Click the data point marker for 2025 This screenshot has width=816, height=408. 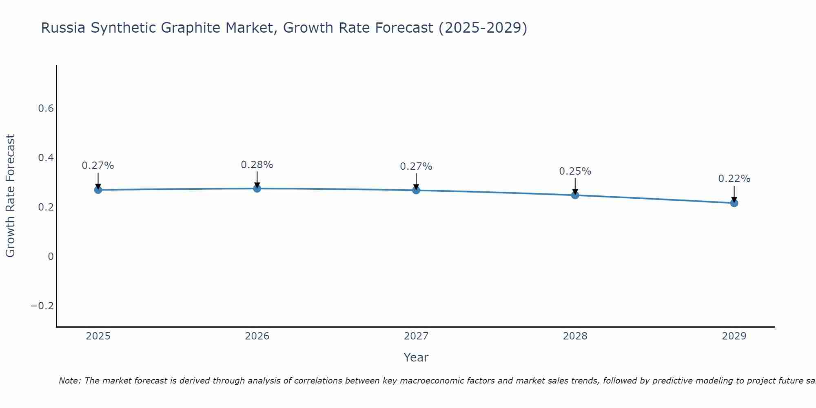(98, 190)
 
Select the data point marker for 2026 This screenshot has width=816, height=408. (257, 188)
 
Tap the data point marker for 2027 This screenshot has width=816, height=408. (416, 190)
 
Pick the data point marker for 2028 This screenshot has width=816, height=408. (575, 195)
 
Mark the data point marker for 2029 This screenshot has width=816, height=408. (734, 203)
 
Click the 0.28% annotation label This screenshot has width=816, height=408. (257, 165)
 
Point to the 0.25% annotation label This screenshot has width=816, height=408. (575, 171)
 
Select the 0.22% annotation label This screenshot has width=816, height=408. (734, 179)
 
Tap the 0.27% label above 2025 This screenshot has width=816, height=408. (98, 166)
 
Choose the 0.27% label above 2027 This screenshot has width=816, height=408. (416, 166)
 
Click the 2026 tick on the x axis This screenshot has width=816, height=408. (257, 336)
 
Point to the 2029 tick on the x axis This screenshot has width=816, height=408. (734, 336)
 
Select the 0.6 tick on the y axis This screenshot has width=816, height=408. (46, 109)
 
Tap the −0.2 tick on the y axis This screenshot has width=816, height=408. (42, 306)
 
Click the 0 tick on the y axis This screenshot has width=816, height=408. (51, 257)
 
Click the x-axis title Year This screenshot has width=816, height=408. (416, 357)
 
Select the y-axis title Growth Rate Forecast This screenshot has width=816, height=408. (10, 196)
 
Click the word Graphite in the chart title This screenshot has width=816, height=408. (191, 28)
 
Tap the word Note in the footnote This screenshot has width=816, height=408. (70, 381)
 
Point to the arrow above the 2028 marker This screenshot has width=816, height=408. (575, 185)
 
